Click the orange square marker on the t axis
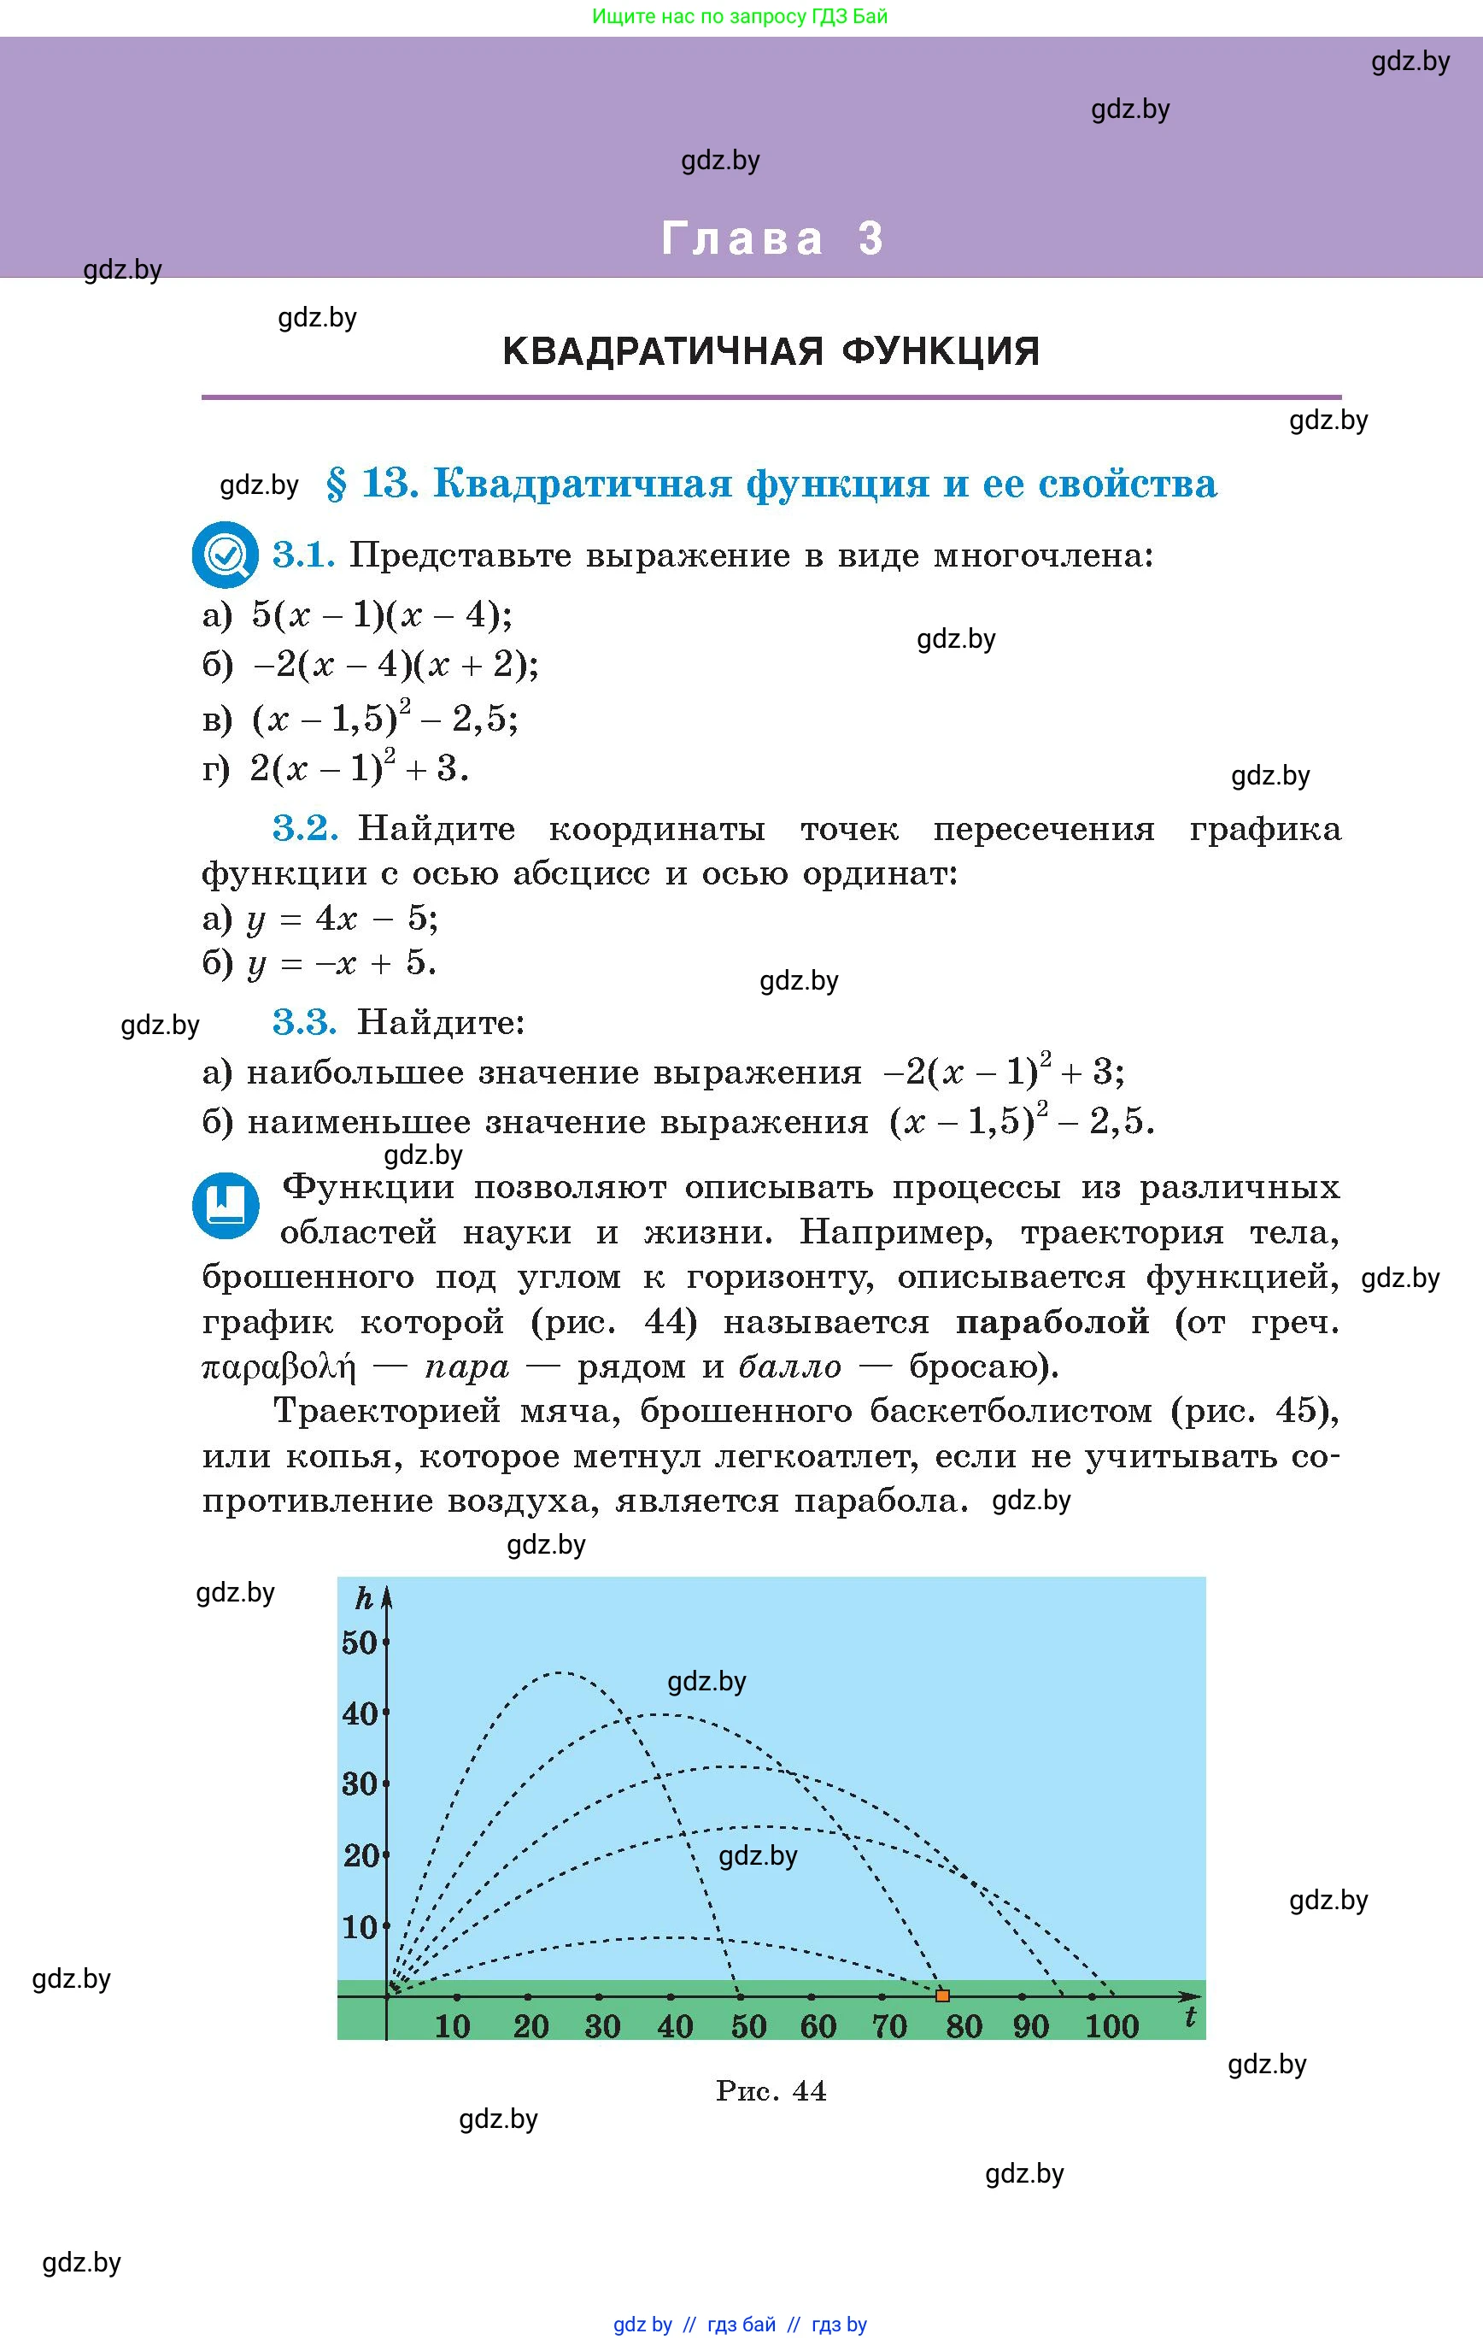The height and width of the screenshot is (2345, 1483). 941,1995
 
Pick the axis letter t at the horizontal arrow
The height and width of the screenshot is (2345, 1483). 1190,2018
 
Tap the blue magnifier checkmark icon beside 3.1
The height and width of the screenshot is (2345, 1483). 225,555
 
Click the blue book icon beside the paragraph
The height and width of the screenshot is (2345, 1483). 226,1205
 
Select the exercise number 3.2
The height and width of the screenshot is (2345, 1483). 305,828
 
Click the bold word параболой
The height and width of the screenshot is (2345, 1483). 1052,1322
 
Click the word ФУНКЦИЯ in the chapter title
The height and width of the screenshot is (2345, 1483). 940,350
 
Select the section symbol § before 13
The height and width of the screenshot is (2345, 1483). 336,483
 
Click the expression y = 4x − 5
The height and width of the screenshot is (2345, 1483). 342,919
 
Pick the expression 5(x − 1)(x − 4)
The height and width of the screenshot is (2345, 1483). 381,614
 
